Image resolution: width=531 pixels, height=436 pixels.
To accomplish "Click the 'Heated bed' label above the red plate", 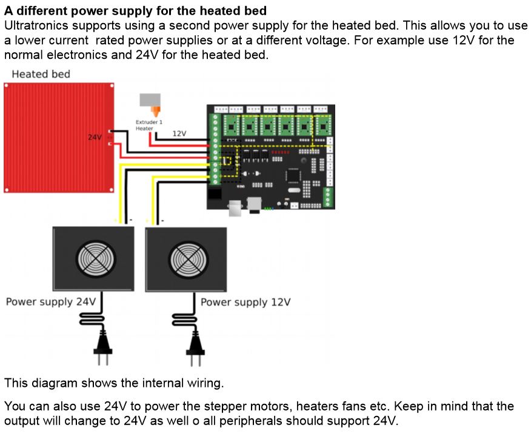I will click(41, 74).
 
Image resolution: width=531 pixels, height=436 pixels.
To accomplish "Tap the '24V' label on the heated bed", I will click(95, 138).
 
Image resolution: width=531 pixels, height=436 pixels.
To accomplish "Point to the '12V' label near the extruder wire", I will click(179, 133).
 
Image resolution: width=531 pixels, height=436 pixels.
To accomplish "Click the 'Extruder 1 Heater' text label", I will click(149, 125).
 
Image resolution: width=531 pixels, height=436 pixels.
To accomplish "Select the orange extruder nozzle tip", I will click(156, 112).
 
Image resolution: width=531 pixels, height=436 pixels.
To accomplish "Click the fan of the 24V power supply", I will click(93, 260).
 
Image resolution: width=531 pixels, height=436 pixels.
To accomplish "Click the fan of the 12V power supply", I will click(185, 260).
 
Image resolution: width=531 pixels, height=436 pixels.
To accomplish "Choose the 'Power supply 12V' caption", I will click(245, 301).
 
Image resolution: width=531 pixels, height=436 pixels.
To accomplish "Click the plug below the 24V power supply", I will click(101, 352).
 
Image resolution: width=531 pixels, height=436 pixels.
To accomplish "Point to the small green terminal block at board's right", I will click(329, 196).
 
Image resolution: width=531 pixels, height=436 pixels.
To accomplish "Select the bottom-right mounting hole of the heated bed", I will click(111, 190).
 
